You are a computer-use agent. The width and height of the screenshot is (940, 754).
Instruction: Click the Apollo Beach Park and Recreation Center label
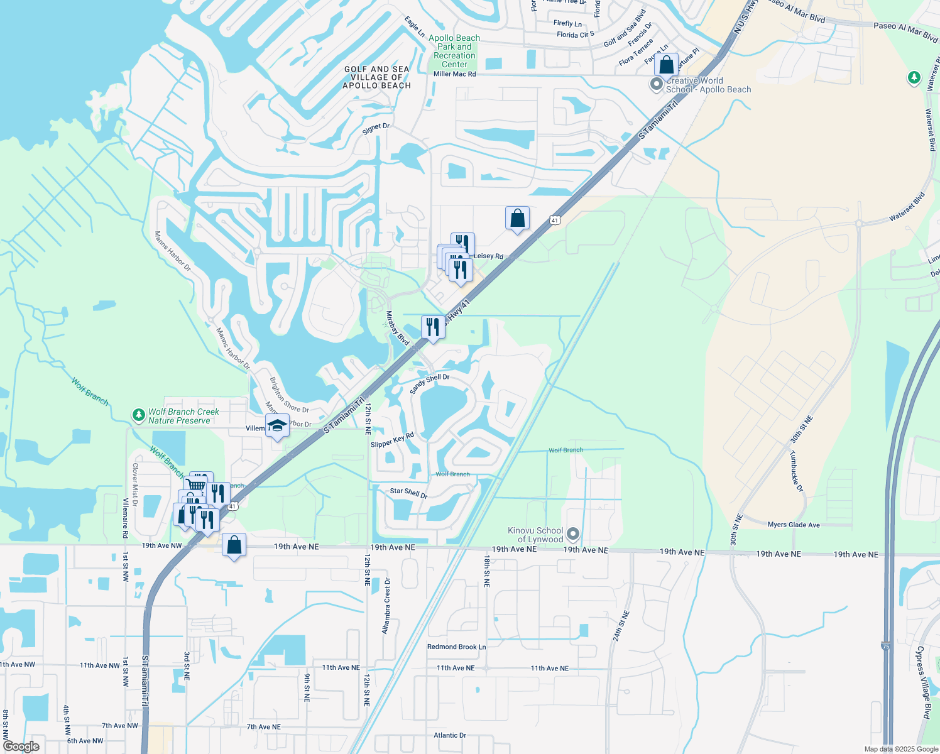[454, 51]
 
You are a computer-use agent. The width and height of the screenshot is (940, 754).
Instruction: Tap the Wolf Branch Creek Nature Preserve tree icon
[138, 415]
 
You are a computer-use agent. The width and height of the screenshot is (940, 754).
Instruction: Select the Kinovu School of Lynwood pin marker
[572, 534]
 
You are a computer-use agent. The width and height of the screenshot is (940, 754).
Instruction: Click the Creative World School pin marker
[657, 84]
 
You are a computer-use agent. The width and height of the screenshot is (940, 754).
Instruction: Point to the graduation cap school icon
[277, 426]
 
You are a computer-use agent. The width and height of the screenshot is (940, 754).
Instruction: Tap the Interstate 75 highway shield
[886, 645]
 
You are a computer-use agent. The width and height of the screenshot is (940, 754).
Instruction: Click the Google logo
[21, 746]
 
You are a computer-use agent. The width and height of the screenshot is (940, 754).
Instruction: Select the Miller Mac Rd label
[454, 74]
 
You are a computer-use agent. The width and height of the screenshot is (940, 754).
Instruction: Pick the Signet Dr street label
[376, 128]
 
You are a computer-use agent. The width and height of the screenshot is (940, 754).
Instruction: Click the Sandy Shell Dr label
[430, 384]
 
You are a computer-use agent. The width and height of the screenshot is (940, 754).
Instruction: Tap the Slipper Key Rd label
[392, 440]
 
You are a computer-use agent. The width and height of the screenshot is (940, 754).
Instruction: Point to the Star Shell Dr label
[408, 493]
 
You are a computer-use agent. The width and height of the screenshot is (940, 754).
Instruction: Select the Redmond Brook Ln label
[456, 647]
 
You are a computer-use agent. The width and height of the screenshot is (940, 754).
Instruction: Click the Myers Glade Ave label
[794, 525]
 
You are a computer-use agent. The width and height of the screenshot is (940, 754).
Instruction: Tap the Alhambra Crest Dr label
[386, 606]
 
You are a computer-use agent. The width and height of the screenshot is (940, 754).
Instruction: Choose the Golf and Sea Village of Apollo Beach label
[377, 77]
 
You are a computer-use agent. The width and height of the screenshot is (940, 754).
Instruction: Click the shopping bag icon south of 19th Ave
[234, 545]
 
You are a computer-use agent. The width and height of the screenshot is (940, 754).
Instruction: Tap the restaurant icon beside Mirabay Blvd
[432, 327]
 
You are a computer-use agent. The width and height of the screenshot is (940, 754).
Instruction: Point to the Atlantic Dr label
[450, 735]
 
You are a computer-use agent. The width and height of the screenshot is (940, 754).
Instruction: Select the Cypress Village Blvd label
[923, 682]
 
